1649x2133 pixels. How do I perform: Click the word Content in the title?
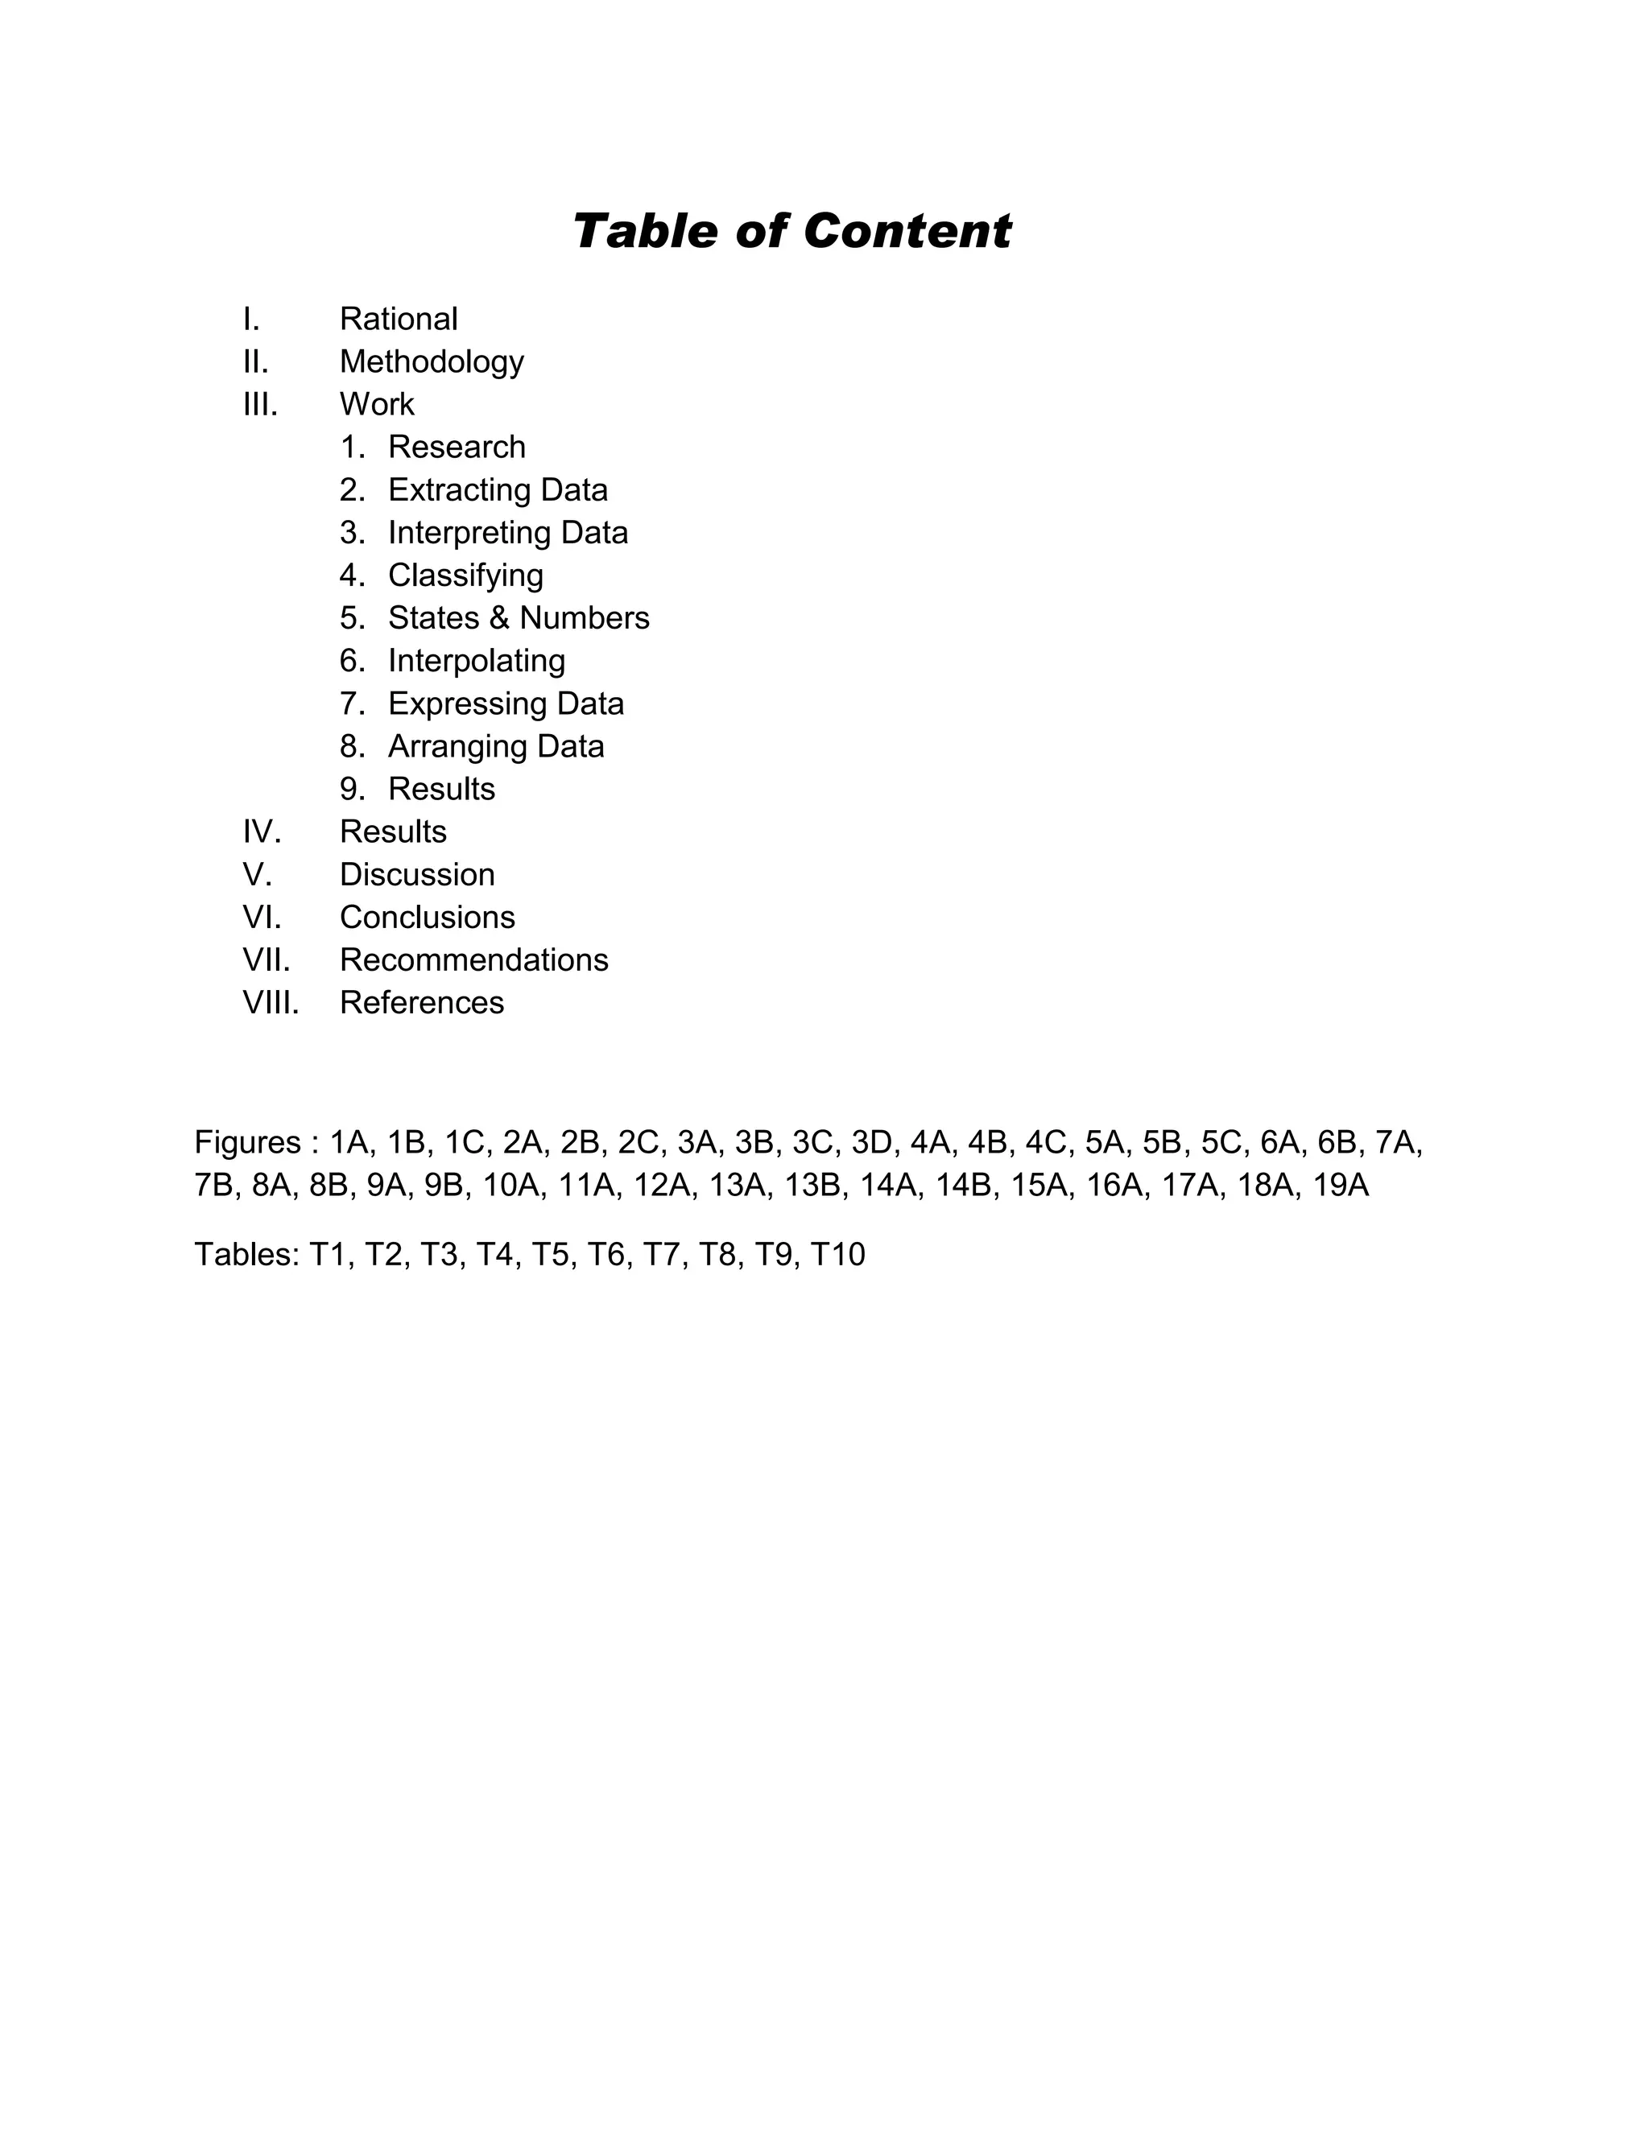[907, 232]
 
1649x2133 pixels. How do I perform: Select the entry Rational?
[399, 320]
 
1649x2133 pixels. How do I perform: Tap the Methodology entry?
[432, 362]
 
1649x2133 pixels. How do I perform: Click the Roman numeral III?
[260, 404]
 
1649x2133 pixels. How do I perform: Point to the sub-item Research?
[457, 448]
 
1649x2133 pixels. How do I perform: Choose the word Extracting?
[452, 490]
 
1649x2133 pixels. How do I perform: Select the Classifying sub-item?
[465, 576]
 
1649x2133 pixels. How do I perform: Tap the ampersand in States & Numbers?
[500, 618]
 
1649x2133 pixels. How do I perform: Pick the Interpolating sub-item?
[477, 661]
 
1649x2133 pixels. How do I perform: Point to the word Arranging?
[452, 747]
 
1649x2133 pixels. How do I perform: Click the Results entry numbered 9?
[441, 789]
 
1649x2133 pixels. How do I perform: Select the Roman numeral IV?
[262, 832]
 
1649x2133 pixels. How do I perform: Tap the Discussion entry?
[417, 875]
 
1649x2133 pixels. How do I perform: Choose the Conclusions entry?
[427, 918]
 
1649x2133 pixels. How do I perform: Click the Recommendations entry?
[473, 961]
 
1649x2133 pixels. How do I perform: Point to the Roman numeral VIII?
[271, 1003]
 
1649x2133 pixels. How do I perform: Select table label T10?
[838, 1255]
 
